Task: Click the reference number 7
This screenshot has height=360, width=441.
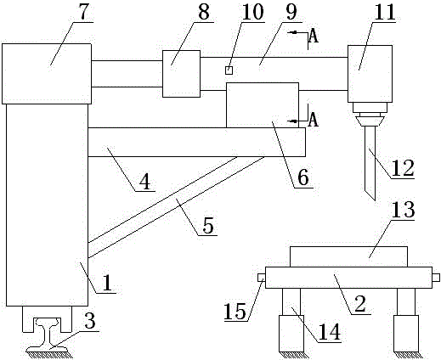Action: click(x=82, y=11)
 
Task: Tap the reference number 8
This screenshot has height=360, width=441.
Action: click(x=204, y=12)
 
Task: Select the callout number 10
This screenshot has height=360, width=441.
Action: click(x=252, y=12)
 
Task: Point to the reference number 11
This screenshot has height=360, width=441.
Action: click(x=384, y=12)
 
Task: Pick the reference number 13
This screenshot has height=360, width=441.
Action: click(x=404, y=209)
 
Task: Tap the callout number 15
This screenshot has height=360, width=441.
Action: click(x=235, y=311)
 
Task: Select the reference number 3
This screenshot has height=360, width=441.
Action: click(x=90, y=321)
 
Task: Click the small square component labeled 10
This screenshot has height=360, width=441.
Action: click(x=229, y=70)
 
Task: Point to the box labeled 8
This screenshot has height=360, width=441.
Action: click(x=181, y=74)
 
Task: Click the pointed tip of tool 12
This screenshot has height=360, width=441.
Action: click(x=376, y=200)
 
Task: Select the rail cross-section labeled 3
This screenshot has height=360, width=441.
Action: click(x=47, y=335)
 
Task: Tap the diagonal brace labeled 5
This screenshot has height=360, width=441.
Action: click(x=176, y=207)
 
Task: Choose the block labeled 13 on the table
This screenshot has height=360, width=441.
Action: click(x=348, y=256)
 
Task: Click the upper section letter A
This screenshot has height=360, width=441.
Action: click(x=314, y=36)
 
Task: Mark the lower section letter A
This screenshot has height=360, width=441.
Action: click(x=314, y=119)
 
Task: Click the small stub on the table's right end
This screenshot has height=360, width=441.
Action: click(x=436, y=278)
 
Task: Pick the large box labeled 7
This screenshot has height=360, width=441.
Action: click(x=47, y=74)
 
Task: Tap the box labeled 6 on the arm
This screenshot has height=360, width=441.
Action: click(x=263, y=105)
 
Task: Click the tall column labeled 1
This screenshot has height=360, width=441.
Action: click(x=47, y=205)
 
